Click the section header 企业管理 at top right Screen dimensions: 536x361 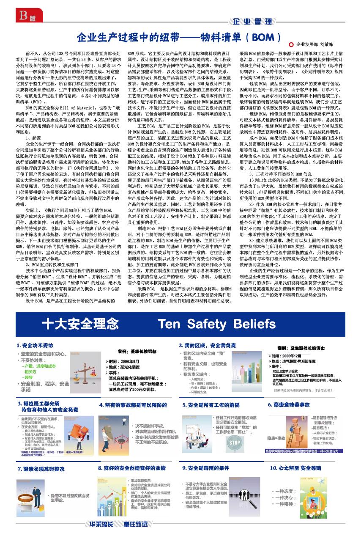click(x=252, y=22)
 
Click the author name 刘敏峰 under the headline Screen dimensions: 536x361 click(x=327, y=44)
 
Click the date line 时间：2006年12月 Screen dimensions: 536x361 click(x=292, y=356)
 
